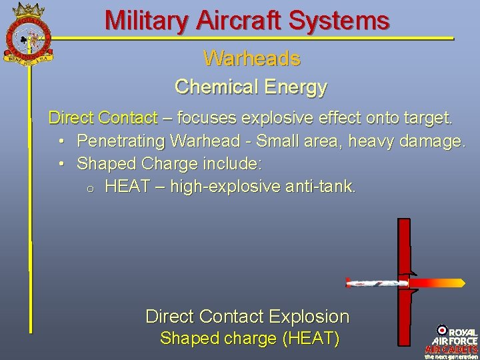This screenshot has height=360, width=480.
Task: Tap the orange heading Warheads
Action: coord(252,59)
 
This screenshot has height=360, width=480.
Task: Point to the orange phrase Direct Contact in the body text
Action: coord(103,119)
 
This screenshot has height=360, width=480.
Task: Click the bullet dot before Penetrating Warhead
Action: coord(61,141)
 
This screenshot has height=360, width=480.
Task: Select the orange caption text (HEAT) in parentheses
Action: coord(311,339)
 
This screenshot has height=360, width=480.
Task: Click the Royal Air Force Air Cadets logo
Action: coord(452,341)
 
